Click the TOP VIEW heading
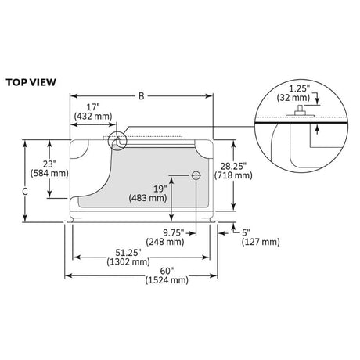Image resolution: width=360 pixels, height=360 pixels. click(31, 82)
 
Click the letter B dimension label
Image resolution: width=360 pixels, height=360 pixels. click(141, 96)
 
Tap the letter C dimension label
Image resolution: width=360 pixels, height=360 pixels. click(25, 192)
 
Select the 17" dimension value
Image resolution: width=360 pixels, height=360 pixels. click(93, 107)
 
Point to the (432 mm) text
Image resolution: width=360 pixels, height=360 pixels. click(93, 116)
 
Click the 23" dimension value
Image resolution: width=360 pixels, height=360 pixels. click(49, 164)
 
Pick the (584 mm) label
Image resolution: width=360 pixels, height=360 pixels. click(49, 173)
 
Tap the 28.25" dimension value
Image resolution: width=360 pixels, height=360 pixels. click(233, 166)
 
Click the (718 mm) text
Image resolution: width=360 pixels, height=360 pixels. click(233, 175)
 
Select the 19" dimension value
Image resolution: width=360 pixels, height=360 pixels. click(160, 189)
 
